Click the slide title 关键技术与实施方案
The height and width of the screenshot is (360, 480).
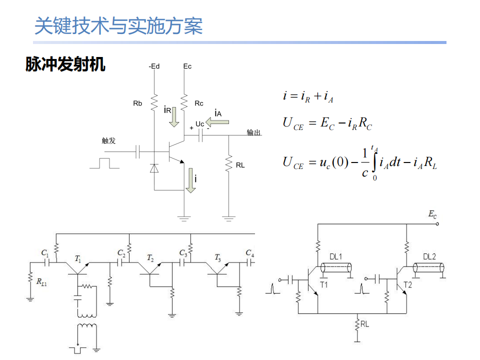coord(118,25)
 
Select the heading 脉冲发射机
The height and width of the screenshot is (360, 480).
coord(65,64)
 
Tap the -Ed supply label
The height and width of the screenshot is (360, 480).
coord(154,66)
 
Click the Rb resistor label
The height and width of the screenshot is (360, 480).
coord(137,103)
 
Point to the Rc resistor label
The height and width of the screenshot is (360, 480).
coord(199,103)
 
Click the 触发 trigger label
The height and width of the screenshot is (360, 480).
coord(108,140)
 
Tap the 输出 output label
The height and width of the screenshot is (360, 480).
coord(254,132)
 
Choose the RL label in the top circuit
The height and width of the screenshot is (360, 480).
coord(240,165)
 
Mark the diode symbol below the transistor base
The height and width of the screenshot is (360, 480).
coord(154,168)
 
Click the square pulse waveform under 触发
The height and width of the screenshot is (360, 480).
coord(104,163)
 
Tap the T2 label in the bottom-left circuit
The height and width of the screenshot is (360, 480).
coord(150,258)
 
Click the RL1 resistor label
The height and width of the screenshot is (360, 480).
coord(41,281)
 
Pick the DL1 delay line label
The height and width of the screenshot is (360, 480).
coord(336,256)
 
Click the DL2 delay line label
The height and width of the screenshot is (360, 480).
coord(429,256)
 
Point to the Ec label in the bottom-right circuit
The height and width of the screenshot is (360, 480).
coord(432,214)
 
